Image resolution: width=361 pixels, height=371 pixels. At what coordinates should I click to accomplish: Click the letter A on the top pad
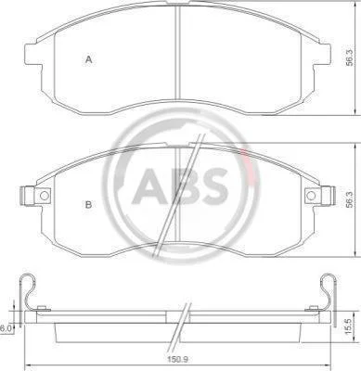[x=89, y=59]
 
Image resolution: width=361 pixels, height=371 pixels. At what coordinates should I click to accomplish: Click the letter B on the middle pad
[x=88, y=204]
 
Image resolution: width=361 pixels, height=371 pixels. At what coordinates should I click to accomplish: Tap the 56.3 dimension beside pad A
[x=349, y=58]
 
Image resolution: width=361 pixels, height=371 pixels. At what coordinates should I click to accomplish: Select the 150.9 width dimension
[x=178, y=360]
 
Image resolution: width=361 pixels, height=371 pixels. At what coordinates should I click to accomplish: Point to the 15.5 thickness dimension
[x=348, y=327]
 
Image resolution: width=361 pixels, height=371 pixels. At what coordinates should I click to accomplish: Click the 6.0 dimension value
[x=5, y=328]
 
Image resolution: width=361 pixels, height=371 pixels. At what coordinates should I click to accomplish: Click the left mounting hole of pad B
[x=45, y=196]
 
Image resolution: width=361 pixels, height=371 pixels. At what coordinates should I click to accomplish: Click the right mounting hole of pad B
[x=311, y=196]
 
